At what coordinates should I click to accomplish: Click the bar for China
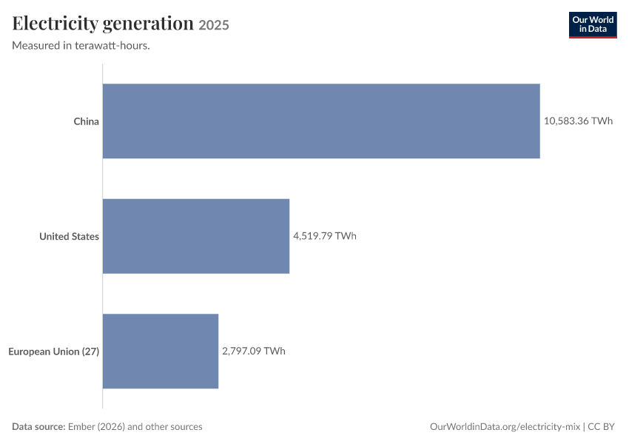point(321,121)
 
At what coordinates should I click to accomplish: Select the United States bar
point(196,236)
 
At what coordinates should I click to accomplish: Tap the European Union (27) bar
point(161,351)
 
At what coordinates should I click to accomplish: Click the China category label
point(87,121)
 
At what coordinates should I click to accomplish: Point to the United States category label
point(69,236)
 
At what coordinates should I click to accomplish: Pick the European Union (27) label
point(54,351)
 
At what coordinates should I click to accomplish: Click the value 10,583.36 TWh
point(578,121)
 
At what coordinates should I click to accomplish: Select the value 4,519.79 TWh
point(325,236)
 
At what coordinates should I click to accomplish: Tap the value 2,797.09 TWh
point(254,351)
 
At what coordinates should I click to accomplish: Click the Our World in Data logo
point(593,25)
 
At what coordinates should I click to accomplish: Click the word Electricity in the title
point(55,24)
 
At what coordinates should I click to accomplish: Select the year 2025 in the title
point(214,25)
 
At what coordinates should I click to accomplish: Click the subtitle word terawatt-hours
point(112,45)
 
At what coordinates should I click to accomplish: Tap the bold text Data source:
point(38,426)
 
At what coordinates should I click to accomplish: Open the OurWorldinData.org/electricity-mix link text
point(505,426)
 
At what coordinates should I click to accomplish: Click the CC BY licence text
point(601,426)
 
